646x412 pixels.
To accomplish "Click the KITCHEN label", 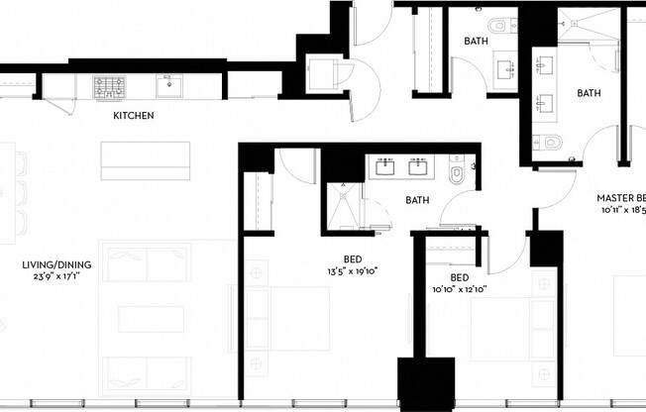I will (x=133, y=116).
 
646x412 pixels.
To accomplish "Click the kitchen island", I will (x=145, y=159).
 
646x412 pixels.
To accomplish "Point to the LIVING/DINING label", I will (x=57, y=264).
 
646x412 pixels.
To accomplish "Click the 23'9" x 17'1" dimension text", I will (x=57, y=277).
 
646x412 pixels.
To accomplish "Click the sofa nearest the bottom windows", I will (x=146, y=374).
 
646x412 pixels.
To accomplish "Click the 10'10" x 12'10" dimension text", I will (x=459, y=290).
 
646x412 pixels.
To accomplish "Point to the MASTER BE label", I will (x=621, y=197).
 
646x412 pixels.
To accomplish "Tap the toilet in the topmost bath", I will (x=498, y=26).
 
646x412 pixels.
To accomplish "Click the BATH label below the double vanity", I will (x=417, y=200).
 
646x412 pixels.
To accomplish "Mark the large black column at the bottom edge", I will (x=426, y=383).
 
